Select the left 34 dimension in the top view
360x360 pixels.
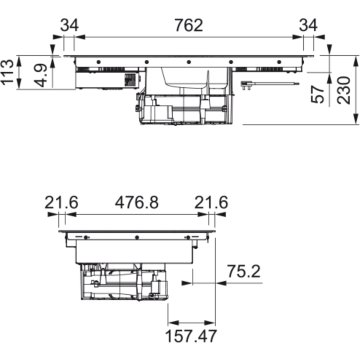68,17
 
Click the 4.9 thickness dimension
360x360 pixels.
37,75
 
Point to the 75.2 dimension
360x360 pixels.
237,271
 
